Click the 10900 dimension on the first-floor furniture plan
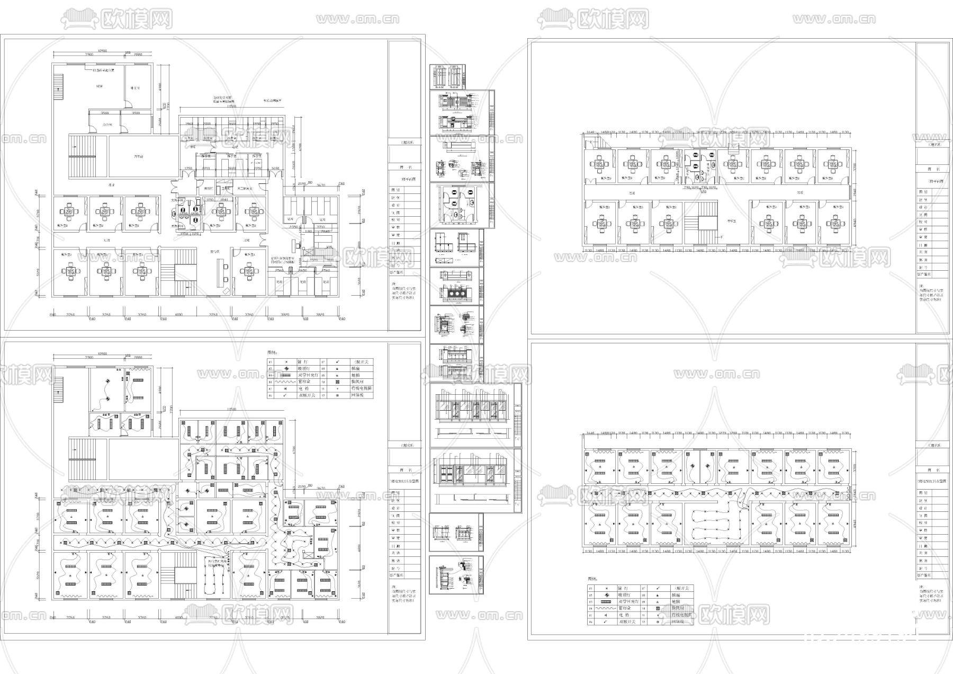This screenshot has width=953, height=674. click(x=103, y=51)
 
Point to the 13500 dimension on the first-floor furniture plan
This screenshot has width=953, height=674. click(x=231, y=107)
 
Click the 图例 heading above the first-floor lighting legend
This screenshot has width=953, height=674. click(x=272, y=352)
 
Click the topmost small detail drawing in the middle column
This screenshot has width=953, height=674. click(x=448, y=76)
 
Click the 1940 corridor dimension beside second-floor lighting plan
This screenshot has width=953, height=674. click(x=855, y=493)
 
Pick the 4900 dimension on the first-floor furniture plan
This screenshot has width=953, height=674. click(x=160, y=86)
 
